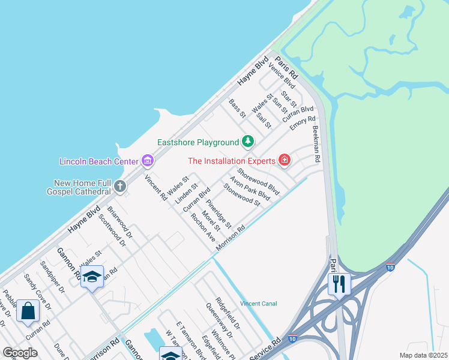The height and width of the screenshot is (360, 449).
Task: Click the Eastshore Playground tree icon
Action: point(247,142)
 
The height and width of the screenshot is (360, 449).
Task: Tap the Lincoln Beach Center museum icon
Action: point(147,160)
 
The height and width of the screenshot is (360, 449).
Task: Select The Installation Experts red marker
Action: point(284,160)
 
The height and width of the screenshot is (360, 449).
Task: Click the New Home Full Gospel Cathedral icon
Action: point(120,186)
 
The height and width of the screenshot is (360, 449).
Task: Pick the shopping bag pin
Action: point(28,311)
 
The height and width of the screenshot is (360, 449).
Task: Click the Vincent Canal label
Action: point(259,304)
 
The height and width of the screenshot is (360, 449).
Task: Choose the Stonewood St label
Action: point(242,195)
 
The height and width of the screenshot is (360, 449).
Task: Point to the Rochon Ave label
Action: point(203,228)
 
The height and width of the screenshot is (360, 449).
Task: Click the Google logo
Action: point(20,353)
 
